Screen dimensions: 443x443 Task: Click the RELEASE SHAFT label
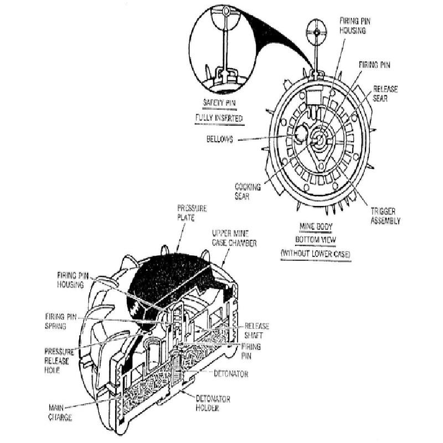pos(257,331)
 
